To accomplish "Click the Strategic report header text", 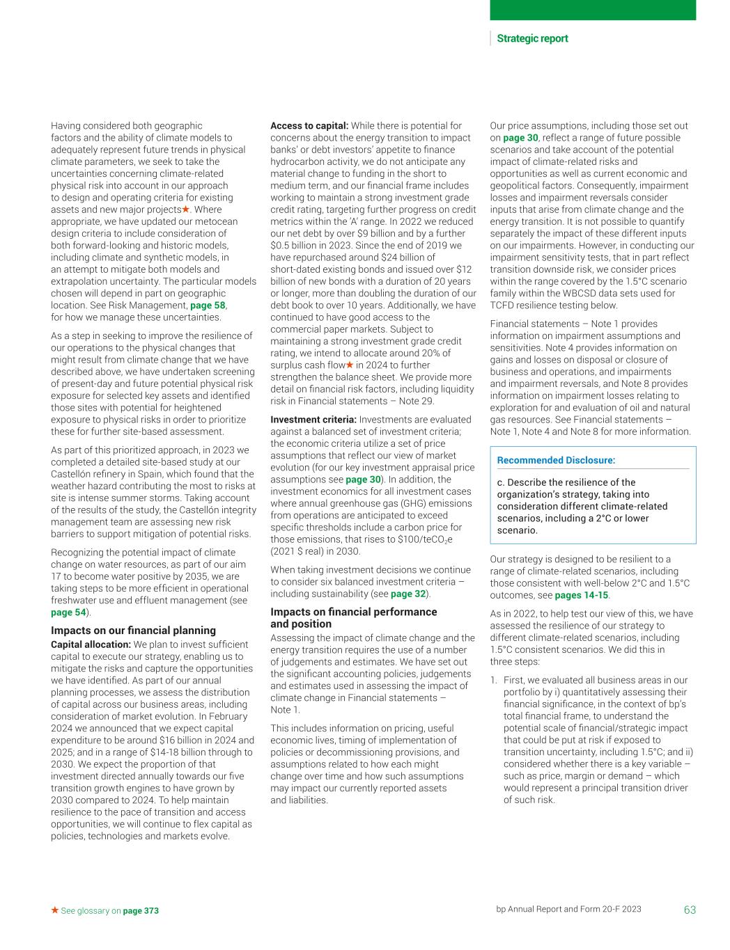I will coord(532,39).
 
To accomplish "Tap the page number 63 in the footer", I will coord(690,910).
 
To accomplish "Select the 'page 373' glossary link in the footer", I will coord(141,910).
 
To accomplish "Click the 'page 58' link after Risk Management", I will coord(208,306).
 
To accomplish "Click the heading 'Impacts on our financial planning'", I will coord(133,631).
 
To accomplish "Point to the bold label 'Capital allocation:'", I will coord(91,644).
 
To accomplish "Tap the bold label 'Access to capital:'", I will coord(309,126).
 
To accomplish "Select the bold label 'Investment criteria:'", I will coord(313,420).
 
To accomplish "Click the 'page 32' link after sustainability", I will coord(407,594).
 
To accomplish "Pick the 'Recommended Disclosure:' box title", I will coord(556,460).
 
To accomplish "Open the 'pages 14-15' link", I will coord(581,595).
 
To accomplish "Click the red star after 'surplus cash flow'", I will coord(350,365).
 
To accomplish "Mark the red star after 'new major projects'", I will coord(186,209).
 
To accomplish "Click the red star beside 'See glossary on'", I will coord(54,910).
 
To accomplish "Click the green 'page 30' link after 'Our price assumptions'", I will coord(520,138).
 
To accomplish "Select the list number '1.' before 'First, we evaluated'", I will coord(493,680).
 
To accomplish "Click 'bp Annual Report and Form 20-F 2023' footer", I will coord(568,910).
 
